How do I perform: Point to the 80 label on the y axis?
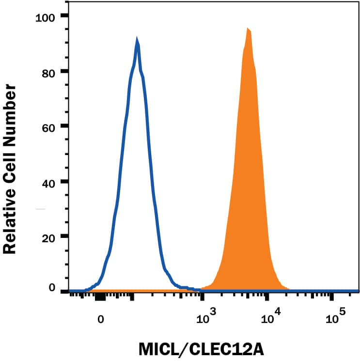pyautogui.click(x=50, y=72)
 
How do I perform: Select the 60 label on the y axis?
pyautogui.click(x=50, y=127)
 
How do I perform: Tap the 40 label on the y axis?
pyautogui.click(x=50, y=182)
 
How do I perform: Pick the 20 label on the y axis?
pyautogui.click(x=50, y=237)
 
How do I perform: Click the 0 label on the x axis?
pyautogui.click(x=100, y=319)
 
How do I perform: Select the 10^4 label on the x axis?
pyautogui.click(x=270, y=317)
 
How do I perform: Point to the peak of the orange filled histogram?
pyautogui.click(x=248, y=30)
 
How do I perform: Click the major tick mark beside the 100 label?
pyautogui.click(x=64, y=16)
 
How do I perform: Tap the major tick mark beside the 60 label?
pyautogui.click(x=64, y=127)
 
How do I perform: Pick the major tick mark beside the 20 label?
pyautogui.click(x=64, y=237)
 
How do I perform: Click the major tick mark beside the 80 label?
pyautogui.click(x=64, y=72)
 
